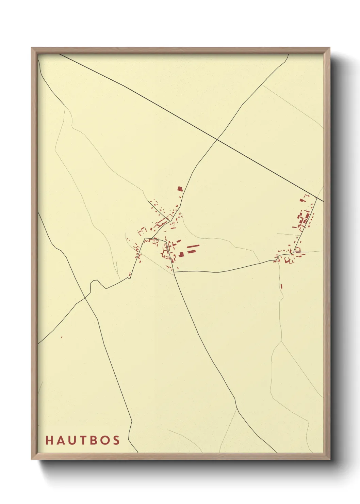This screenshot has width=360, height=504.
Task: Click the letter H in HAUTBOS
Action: pos(49,440)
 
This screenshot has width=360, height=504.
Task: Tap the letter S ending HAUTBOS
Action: pos(116,440)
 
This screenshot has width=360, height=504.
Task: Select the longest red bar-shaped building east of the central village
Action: pos(193,246)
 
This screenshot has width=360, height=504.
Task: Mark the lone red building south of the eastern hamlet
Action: pos(281,286)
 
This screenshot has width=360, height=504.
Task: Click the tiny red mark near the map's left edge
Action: pos(62,337)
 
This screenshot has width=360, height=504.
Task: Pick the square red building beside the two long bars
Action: pos(181,254)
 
